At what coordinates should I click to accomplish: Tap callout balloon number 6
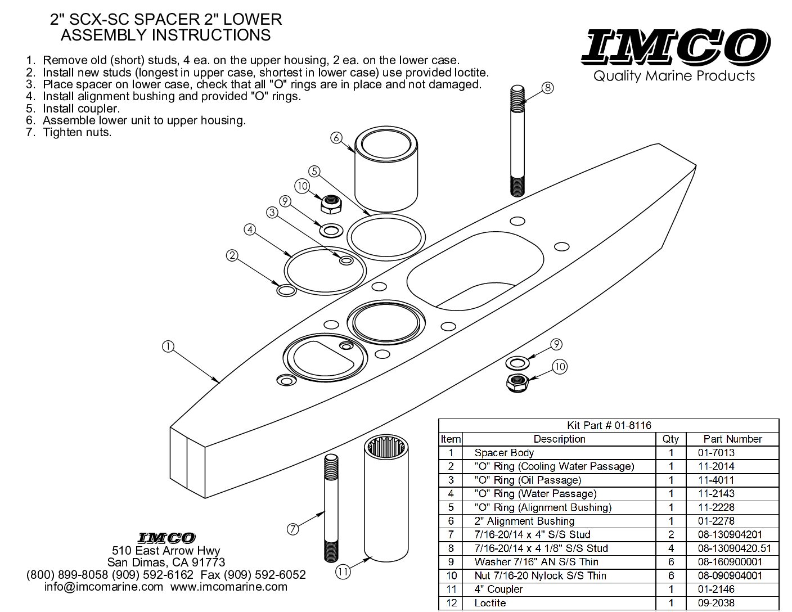(336, 137)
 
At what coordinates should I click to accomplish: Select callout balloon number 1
(168, 347)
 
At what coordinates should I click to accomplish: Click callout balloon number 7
(292, 529)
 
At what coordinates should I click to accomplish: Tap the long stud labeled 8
(517, 141)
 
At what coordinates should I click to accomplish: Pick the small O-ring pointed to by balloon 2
(287, 290)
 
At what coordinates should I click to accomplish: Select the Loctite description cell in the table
(490, 603)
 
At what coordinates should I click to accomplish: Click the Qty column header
(670, 439)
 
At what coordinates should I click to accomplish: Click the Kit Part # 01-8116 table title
(608, 426)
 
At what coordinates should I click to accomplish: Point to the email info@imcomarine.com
(103, 587)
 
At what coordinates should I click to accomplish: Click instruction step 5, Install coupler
(81, 109)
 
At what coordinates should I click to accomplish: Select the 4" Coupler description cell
(498, 589)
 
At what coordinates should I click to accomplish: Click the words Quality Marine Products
(674, 76)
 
